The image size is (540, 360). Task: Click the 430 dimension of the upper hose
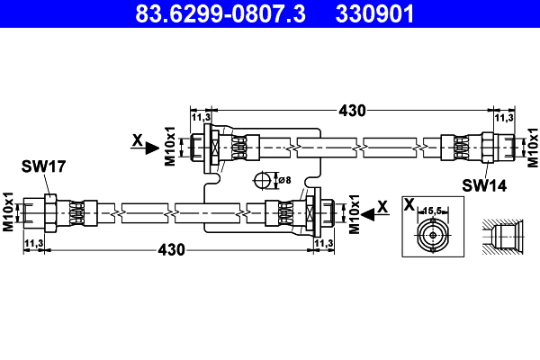coord(352,111)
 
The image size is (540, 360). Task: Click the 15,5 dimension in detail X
coord(435,209)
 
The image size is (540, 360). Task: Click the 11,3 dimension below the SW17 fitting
coord(34,243)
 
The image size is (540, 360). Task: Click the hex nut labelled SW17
coord(50,213)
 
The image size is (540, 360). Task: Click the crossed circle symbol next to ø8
coord(264,180)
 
